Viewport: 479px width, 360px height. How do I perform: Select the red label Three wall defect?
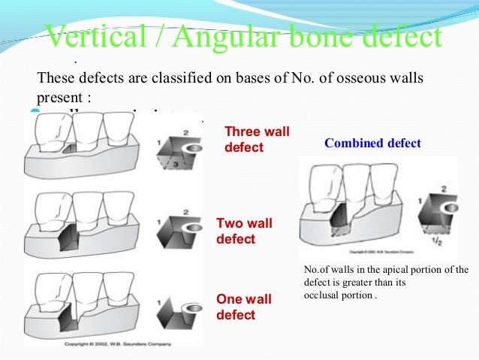(x=257, y=140)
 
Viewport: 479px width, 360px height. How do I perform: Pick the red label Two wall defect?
(x=244, y=231)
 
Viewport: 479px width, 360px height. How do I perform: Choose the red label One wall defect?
(x=244, y=307)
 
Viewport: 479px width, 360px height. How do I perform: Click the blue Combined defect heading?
(x=372, y=143)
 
